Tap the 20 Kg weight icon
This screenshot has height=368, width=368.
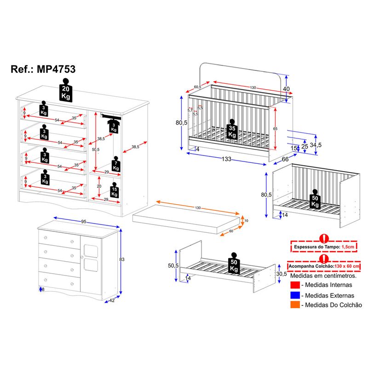tap(66, 90)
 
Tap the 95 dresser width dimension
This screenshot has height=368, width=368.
tap(84, 222)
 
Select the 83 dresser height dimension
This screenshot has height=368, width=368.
tap(122, 259)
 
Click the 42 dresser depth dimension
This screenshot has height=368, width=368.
tap(111, 301)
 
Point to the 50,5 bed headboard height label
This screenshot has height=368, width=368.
tap(172, 266)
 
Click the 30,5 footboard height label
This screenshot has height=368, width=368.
tap(282, 274)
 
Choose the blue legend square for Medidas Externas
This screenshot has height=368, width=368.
tap(295, 295)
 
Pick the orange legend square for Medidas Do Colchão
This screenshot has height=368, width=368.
tap(295, 305)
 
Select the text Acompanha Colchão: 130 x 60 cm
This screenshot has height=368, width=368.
tap(325, 266)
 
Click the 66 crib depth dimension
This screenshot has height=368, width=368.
tap(285, 159)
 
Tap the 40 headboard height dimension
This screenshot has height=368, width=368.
tap(286, 89)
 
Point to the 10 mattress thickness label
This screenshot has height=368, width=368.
tap(246, 221)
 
